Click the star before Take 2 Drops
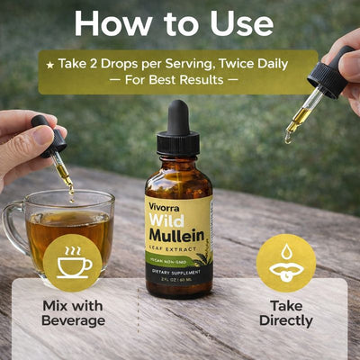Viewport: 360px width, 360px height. click(x=51, y=65)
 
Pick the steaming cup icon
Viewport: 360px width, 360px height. click(x=72, y=263)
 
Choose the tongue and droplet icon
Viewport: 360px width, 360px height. click(x=285, y=263)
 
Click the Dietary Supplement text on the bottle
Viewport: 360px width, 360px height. click(x=179, y=273)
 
